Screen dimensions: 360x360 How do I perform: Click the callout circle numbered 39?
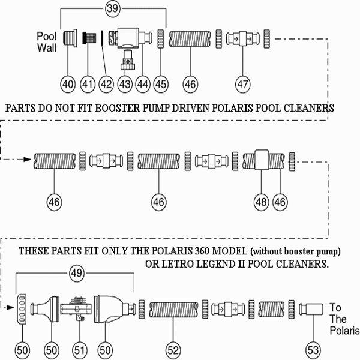pyautogui.click(x=112, y=9)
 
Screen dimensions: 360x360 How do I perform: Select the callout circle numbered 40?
pyautogui.click(x=68, y=85)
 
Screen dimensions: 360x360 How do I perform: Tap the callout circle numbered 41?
pyautogui.click(x=88, y=85)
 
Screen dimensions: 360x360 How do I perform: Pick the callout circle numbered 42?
pyautogui.click(x=106, y=85)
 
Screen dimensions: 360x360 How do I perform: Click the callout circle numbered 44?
pyautogui.click(x=143, y=85)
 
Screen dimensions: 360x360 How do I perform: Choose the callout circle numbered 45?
pyautogui.click(x=161, y=85)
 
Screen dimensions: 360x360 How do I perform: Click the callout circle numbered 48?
pyautogui.click(x=262, y=203)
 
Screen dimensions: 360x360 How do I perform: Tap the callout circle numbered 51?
pyautogui.click(x=79, y=347)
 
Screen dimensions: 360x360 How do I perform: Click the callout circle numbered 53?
pyautogui.click(x=313, y=347)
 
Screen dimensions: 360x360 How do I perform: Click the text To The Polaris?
pyautogui.click(x=342, y=319)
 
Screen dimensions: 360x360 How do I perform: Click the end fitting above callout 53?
pyautogui.click(x=312, y=311)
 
